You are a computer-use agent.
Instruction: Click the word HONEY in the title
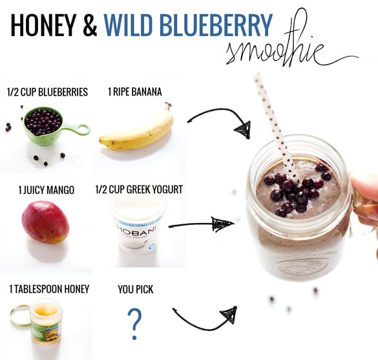point(44,25)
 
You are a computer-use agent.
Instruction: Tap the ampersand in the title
point(90,25)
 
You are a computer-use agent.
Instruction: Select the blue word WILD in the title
point(128,25)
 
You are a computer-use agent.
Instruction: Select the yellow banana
point(136,129)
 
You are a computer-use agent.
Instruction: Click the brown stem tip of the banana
point(168,105)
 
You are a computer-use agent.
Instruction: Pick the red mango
point(45,222)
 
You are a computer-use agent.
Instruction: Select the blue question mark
point(134,323)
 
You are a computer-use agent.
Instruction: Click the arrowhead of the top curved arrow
point(244,129)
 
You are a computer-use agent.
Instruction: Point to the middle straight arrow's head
point(222,224)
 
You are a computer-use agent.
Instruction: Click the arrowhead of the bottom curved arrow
point(229,315)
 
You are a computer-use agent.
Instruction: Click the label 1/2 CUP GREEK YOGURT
point(139,189)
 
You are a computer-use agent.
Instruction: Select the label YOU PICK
point(136,290)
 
